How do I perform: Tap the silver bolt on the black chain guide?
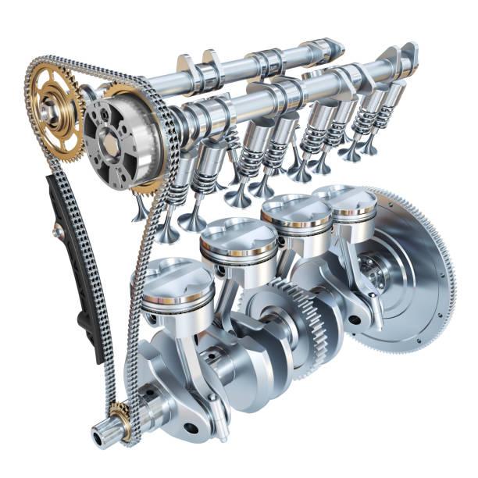56,230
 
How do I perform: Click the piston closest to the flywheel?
344,202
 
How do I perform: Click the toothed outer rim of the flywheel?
449,258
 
